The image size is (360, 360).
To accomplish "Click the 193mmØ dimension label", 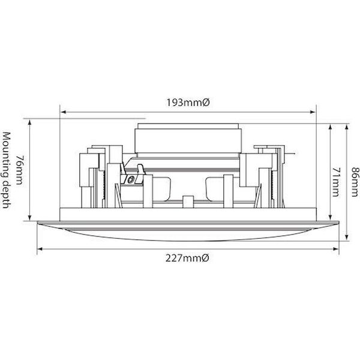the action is tap(188, 103).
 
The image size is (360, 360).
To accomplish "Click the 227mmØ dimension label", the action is tap(187, 259).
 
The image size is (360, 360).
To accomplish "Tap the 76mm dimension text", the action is tap(20, 170).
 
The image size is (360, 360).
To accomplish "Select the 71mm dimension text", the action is tap(336, 182).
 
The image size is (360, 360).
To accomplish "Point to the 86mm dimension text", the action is tap(355, 182).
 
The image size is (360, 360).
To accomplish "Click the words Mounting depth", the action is tap(6, 170).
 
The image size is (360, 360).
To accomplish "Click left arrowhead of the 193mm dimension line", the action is tap(62, 112).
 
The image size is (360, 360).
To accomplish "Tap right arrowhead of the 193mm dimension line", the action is tap(313, 112).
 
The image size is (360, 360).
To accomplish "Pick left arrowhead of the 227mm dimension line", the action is tap(40, 249).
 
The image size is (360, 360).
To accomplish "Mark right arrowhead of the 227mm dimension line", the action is tap(336, 249).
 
